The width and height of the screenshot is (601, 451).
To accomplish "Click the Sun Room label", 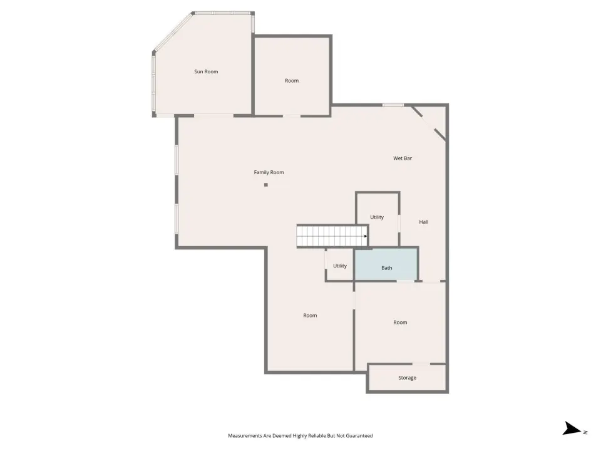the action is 206,71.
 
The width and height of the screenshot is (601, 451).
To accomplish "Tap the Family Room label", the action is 269,173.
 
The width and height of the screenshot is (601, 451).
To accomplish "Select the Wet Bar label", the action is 403,158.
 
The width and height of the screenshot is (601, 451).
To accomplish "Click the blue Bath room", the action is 386,264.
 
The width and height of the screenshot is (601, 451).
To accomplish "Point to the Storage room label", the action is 407,378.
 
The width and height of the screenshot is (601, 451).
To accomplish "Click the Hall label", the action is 424,222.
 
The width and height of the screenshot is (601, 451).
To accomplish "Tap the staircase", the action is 332,236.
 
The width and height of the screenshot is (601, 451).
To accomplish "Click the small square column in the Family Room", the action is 266,185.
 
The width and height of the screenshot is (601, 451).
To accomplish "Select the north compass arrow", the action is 572,428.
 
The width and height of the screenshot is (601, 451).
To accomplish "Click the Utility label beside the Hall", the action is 377,217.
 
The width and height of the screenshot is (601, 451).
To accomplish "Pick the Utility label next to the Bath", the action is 339,266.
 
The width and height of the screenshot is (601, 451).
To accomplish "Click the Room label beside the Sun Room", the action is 292,81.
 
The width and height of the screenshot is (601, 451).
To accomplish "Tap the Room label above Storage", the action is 400,323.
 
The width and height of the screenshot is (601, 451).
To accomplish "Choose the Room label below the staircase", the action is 310,316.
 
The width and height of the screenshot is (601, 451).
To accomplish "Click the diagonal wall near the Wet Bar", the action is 428,123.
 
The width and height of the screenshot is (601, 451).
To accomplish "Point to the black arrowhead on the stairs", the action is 366,236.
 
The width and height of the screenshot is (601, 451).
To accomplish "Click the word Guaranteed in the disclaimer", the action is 359,436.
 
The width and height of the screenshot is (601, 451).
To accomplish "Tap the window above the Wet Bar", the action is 393,105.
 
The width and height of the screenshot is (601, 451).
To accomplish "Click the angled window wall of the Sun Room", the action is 173,31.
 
